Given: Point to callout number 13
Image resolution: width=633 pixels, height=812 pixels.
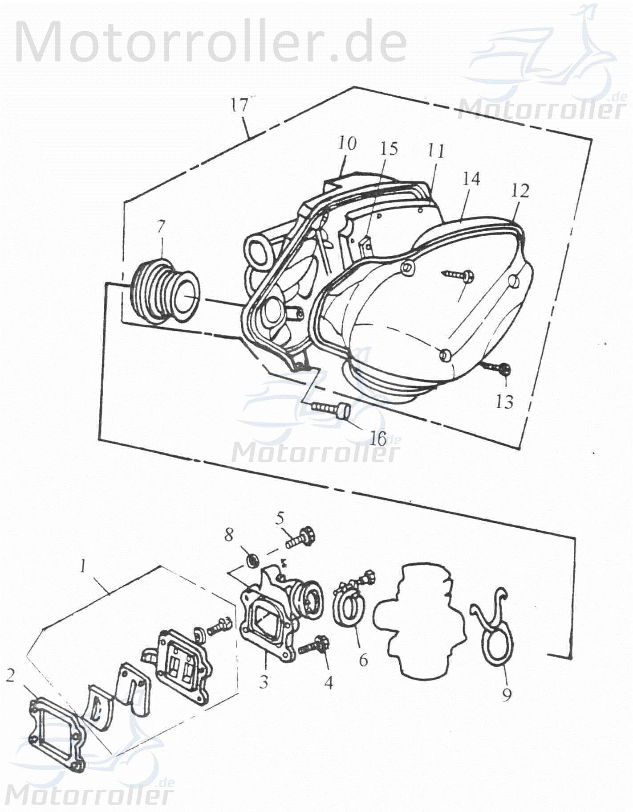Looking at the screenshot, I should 504,402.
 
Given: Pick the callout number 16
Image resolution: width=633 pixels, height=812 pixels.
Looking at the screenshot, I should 378,439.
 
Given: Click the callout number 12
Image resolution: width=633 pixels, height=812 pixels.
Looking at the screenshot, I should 520,191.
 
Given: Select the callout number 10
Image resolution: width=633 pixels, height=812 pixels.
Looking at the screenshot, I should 347,144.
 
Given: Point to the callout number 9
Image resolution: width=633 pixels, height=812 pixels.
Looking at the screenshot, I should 507,693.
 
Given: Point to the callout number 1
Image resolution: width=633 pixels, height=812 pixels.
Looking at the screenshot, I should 83,566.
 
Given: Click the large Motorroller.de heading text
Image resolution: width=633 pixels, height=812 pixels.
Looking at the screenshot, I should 211,41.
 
